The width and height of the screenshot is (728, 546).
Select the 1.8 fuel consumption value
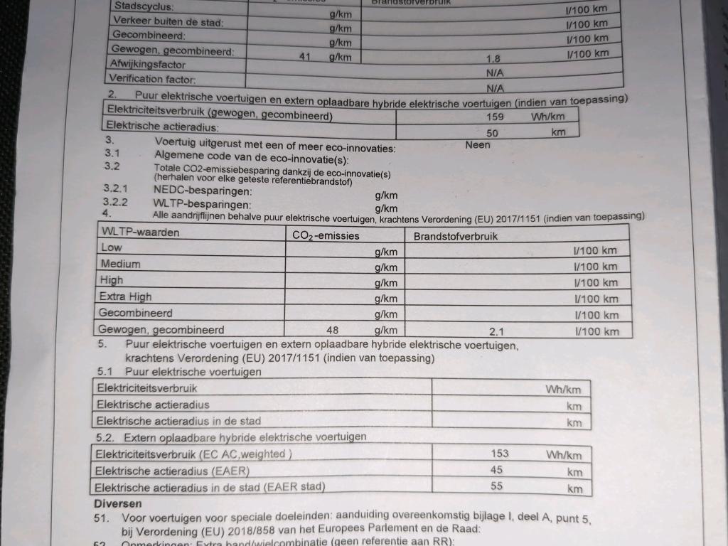[x=493, y=60]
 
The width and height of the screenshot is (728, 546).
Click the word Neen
[x=478, y=145]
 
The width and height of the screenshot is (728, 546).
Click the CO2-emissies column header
[x=326, y=235]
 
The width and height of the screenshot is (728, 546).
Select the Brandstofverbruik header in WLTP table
[x=455, y=236]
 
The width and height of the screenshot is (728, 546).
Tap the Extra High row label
[x=125, y=296]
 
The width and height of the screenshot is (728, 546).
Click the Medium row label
[x=120, y=264]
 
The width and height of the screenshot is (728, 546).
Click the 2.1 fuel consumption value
[x=497, y=331]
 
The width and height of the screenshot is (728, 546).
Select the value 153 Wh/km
[x=499, y=453]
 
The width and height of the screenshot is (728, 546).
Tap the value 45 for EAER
[x=496, y=470]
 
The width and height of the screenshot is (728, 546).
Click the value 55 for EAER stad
[x=496, y=486]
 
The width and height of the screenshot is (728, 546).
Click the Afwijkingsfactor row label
[x=144, y=65]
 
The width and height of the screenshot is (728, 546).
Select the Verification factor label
[x=152, y=80]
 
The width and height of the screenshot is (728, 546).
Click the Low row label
[x=112, y=247]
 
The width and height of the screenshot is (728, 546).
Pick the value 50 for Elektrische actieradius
[x=492, y=133]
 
